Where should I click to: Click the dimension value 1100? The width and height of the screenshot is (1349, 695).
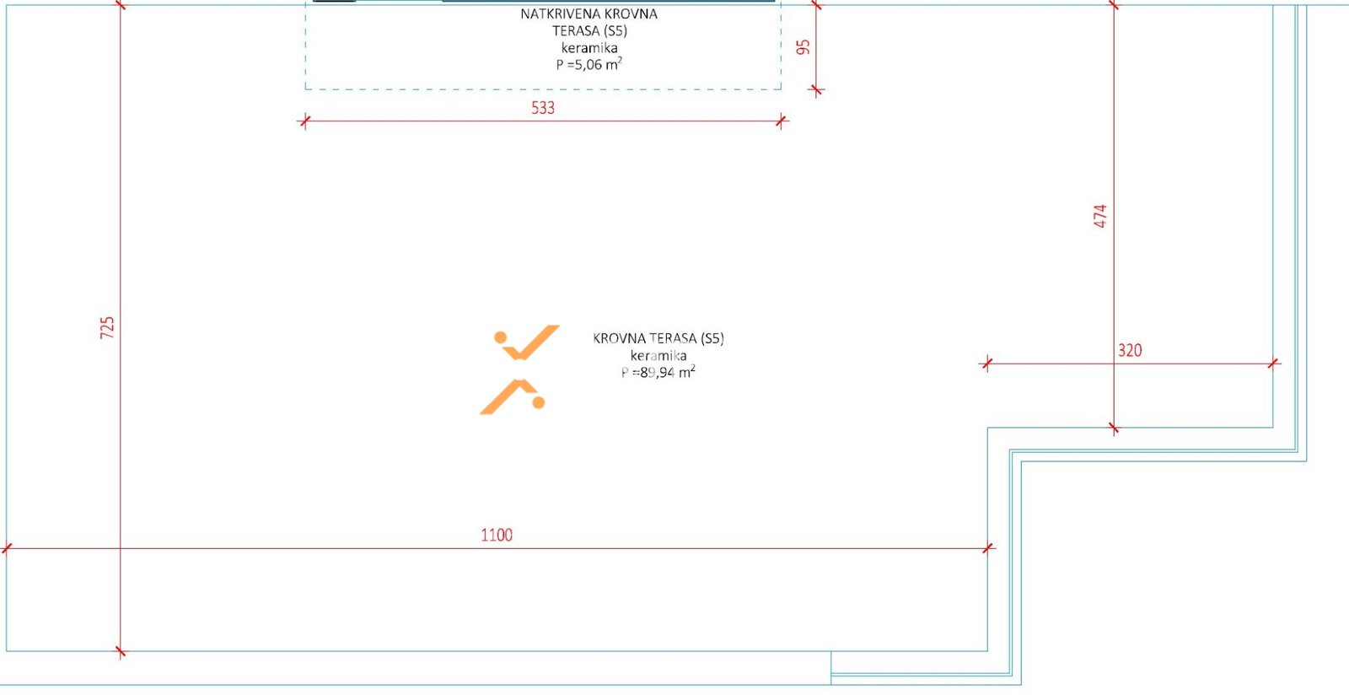point(497,535)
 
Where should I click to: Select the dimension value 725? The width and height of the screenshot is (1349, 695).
point(107,327)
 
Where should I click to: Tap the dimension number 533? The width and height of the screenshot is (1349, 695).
point(543,108)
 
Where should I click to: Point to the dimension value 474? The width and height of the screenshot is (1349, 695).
point(1099,216)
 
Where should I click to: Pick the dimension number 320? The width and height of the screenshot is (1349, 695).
point(1130,351)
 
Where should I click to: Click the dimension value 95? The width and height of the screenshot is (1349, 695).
point(803,47)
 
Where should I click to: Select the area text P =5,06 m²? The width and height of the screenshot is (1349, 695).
point(589,64)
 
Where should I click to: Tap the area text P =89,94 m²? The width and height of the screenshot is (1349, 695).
point(658,372)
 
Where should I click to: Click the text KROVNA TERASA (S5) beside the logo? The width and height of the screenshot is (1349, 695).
point(658,338)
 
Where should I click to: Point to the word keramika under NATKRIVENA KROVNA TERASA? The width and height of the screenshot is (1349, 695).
point(589,47)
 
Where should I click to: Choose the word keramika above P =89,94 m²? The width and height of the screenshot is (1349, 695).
point(658,355)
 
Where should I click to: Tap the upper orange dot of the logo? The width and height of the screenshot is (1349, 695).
point(501,337)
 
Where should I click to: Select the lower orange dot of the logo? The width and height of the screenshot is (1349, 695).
point(539,402)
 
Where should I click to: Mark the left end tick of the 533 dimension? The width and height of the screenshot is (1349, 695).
point(304,121)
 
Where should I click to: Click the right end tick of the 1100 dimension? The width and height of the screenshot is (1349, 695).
point(987,548)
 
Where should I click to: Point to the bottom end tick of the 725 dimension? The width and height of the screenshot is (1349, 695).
point(121,652)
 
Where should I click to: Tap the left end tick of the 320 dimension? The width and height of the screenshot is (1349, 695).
point(986,364)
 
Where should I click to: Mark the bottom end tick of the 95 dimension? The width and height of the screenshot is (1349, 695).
point(816,91)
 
